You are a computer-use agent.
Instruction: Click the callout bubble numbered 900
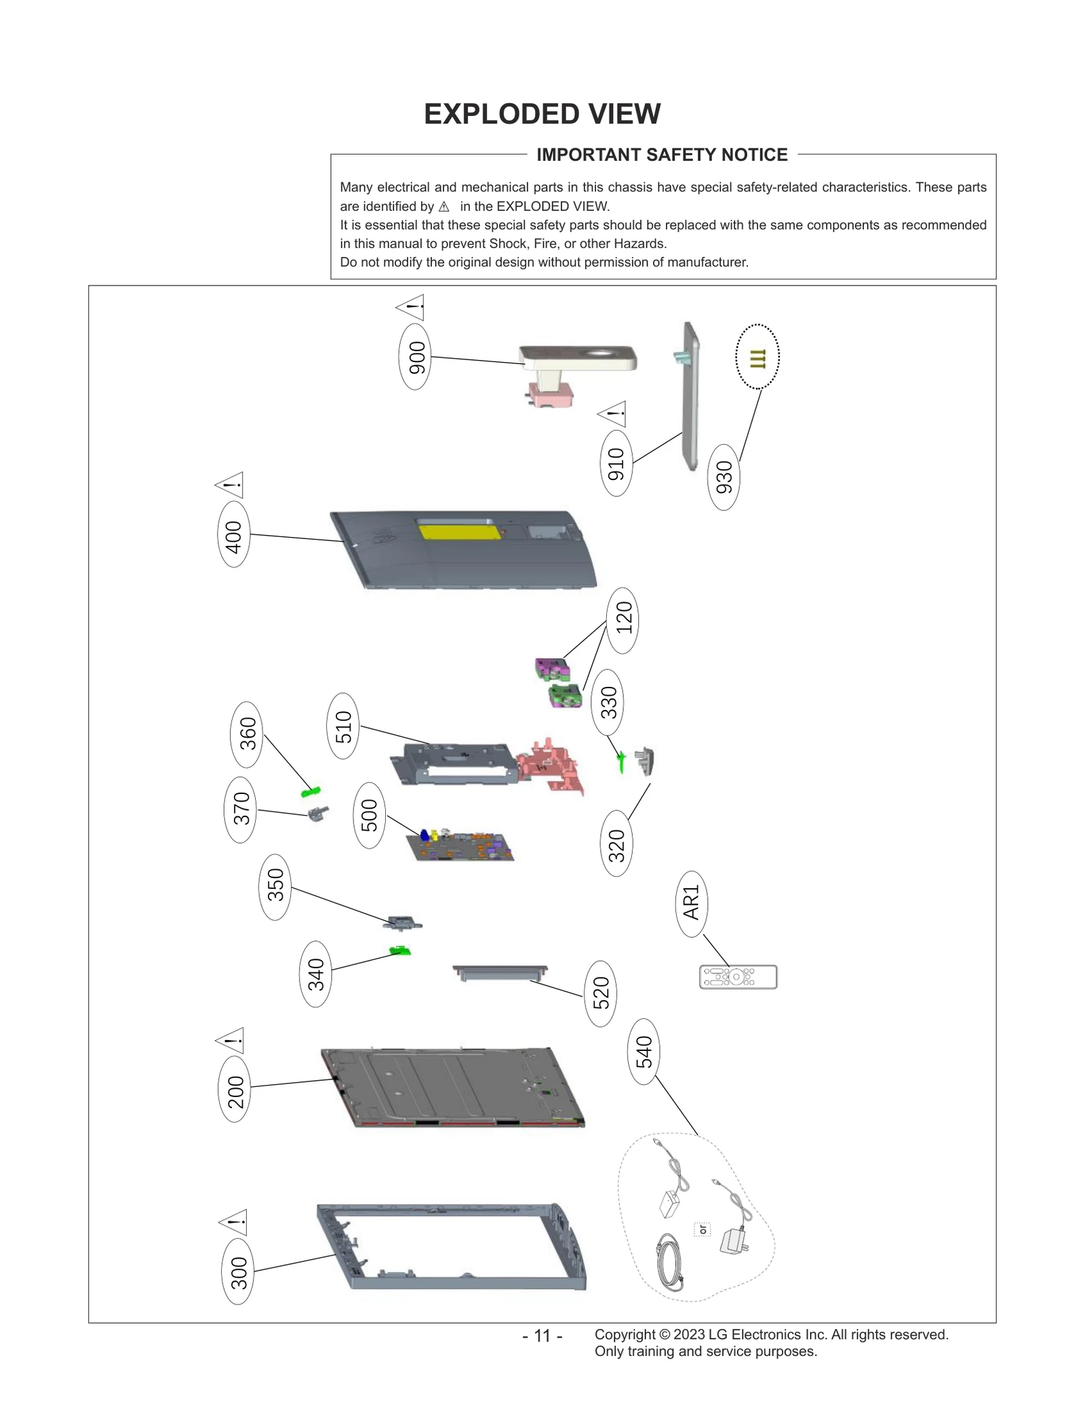[414, 357]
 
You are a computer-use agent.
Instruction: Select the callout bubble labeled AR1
[691, 904]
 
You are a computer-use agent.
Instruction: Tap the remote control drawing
[738, 977]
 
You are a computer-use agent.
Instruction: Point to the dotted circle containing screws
[757, 357]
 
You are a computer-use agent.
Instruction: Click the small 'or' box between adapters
[703, 1229]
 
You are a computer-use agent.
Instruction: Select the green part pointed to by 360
[311, 791]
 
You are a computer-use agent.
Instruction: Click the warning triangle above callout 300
[234, 1222]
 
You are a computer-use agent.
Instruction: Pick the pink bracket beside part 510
[551, 765]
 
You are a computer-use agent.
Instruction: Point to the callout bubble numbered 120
[623, 620]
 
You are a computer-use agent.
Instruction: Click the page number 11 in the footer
[542, 1336]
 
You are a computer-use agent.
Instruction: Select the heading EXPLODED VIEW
[542, 114]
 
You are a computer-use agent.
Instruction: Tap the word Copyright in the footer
[625, 1334]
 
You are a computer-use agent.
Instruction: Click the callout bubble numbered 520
[600, 993]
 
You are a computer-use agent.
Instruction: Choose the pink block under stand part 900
[551, 393]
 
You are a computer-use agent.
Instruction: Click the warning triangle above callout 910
[613, 414]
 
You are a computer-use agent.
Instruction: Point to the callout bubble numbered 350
[275, 886]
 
